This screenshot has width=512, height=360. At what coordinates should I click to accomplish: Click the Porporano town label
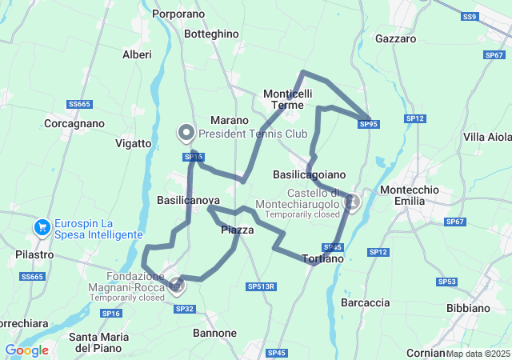pos(178,14)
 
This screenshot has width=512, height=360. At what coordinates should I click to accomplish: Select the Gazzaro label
pos(395,38)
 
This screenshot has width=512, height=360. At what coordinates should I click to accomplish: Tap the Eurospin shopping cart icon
pos(42,228)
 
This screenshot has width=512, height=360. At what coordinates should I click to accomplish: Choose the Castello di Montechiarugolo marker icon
pos(350,204)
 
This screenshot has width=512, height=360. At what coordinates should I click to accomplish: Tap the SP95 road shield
pos(369,124)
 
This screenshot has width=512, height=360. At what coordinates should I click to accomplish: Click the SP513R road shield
pos(261,286)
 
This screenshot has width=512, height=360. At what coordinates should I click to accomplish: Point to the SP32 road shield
pos(184,309)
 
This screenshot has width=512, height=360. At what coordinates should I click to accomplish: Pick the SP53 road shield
pos(447,282)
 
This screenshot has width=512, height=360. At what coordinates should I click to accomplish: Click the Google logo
pos(26,350)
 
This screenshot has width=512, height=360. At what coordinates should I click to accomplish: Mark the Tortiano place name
pos(323,258)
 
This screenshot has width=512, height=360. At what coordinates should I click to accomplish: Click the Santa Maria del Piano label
pos(96,342)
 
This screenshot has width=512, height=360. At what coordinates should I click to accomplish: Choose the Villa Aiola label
pos(488,137)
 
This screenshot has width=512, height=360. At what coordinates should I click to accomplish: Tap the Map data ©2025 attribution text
pos(478,353)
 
